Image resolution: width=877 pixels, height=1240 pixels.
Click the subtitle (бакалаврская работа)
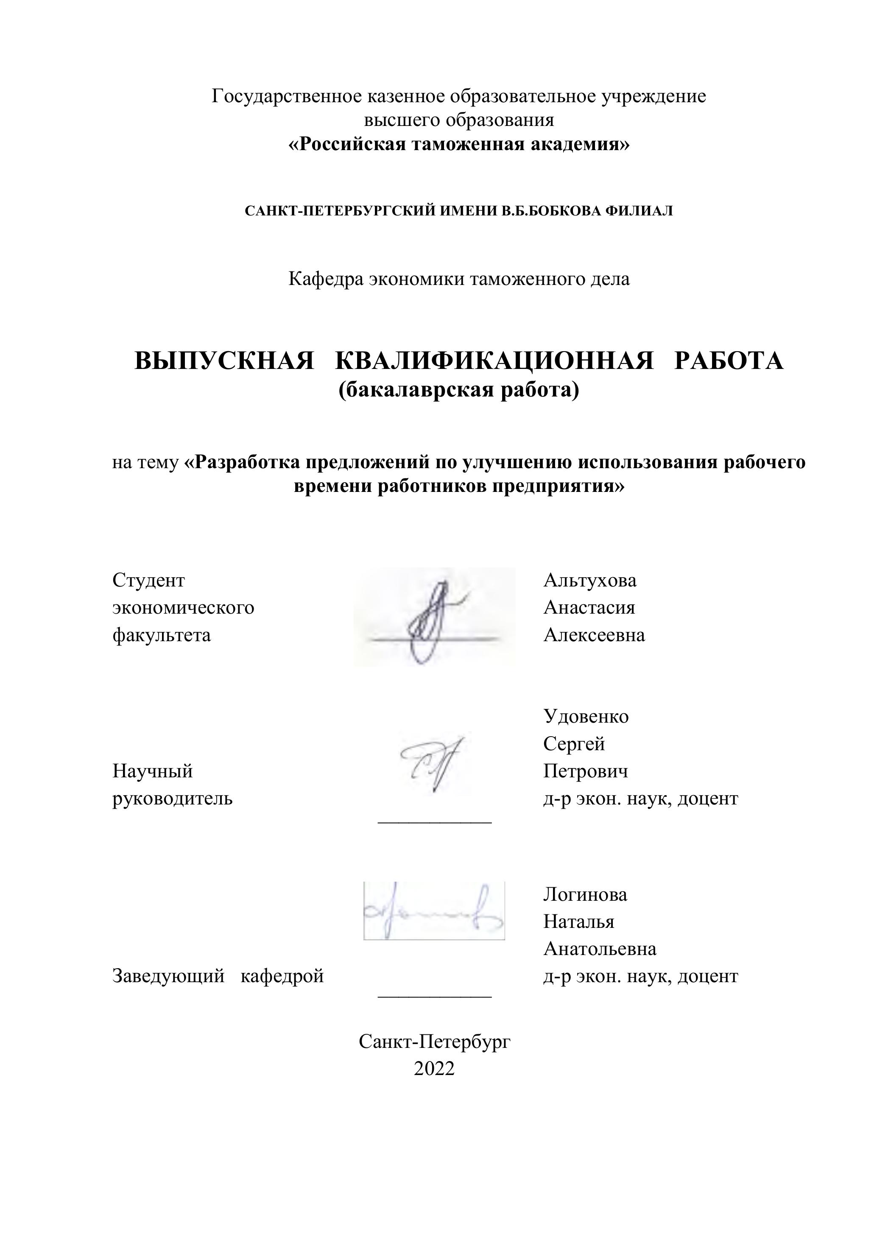coord(458,389)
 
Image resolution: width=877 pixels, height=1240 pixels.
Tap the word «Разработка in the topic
coord(243,462)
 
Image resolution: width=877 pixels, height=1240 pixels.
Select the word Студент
coord(148,581)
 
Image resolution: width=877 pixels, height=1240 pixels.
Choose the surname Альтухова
coord(590,581)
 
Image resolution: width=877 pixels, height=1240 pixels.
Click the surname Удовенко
coord(586,717)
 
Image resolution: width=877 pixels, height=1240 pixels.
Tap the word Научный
coord(152,771)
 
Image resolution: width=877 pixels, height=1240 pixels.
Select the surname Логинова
coord(585,895)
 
